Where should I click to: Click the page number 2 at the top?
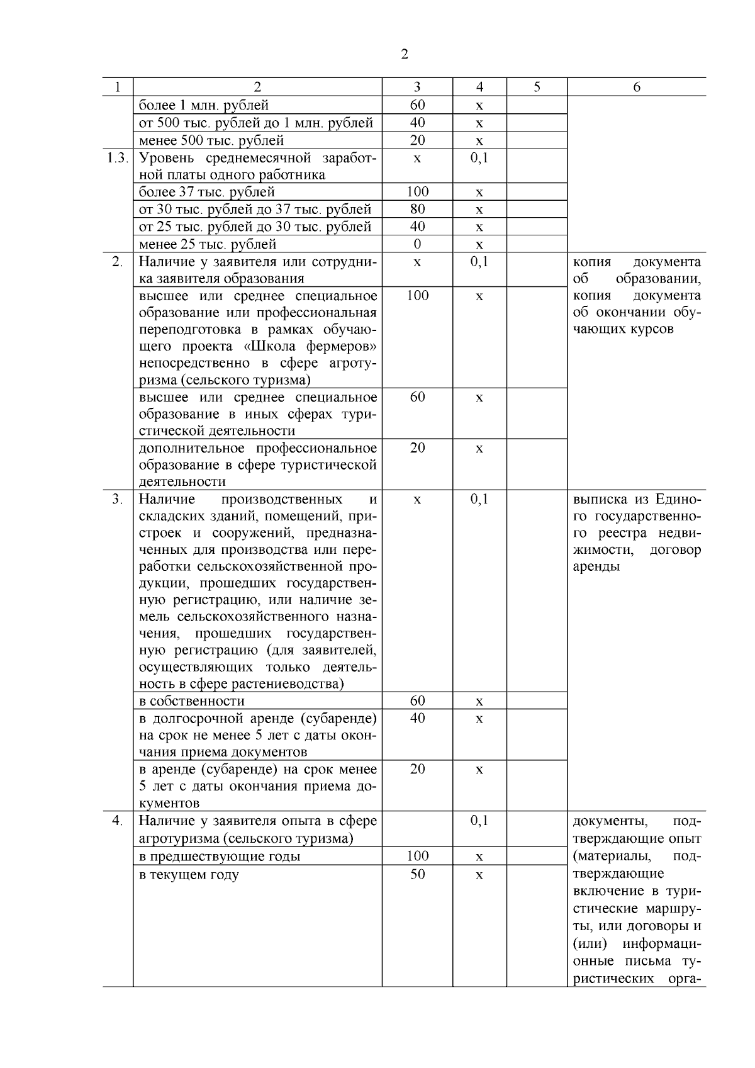point(404,55)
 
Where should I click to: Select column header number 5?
point(536,87)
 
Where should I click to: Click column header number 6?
point(636,87)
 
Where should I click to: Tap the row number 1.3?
point(117,158)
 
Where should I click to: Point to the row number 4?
point(117,821)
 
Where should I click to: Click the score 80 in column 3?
point(417,209)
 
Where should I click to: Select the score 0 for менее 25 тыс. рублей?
point(417,244)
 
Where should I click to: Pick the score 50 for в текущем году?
point(417,874)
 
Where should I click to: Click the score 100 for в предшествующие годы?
point(417,856)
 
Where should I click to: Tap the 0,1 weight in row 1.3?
point(479,158)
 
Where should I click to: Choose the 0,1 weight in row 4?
point(479,821)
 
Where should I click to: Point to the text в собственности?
point(191,701)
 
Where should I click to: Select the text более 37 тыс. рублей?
point(206,192)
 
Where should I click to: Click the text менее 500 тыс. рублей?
point(211,140)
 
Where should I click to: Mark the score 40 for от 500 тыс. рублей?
point(417,123)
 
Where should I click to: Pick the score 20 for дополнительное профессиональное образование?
point(417,448)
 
